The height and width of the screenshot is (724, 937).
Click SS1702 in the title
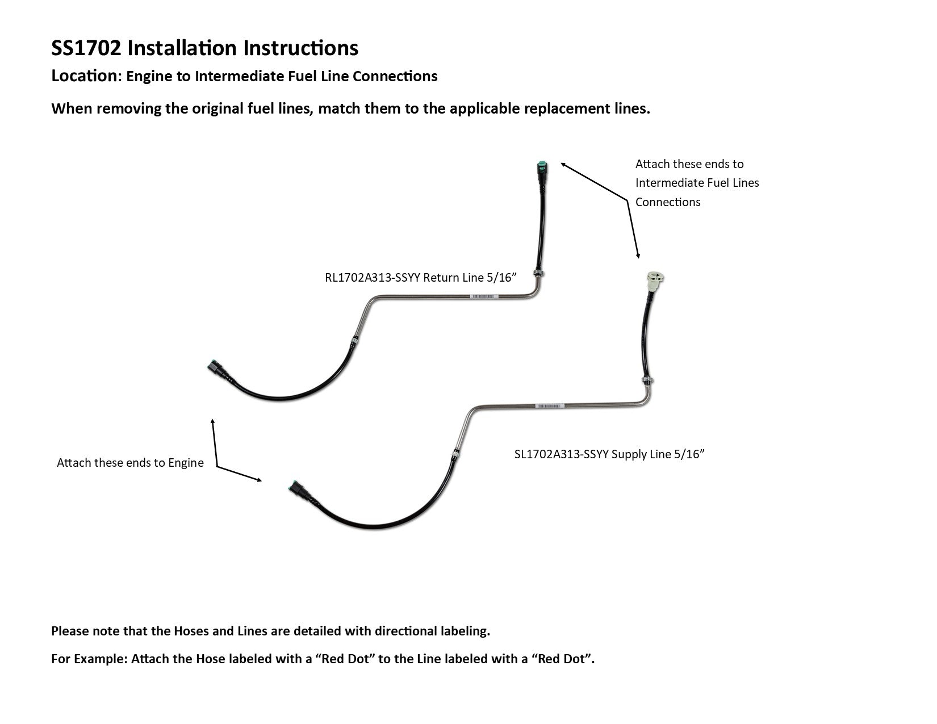point(86,48)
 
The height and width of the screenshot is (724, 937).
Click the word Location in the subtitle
point(83,76)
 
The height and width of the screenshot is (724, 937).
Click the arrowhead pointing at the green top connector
point(563,165)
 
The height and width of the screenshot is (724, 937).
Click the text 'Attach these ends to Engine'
point(130,463)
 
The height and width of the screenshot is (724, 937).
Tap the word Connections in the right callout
point(668,202)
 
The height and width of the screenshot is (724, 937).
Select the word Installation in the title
point(182,48)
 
